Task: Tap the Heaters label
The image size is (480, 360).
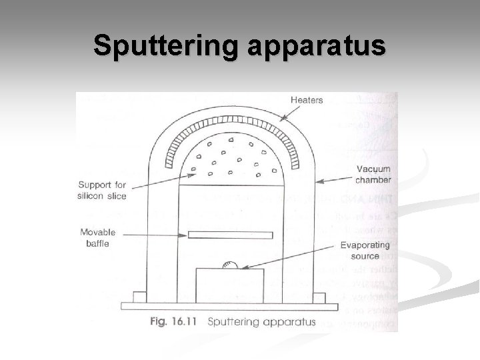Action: (307, 100)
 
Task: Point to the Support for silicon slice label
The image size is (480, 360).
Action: (102, 190)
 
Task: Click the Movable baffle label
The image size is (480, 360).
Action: (97, 238)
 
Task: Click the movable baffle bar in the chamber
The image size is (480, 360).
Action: (229, 235)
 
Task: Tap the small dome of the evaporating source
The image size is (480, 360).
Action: (230, 265)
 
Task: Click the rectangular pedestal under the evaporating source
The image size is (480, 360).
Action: (229, 285)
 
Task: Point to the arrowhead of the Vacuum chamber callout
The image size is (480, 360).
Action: (318, 181)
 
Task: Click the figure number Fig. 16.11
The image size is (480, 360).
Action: (175, 321)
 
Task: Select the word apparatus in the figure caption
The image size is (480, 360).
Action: (287, 322)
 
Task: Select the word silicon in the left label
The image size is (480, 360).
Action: (92, 195)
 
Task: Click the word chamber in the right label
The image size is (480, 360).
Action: (373, 180)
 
